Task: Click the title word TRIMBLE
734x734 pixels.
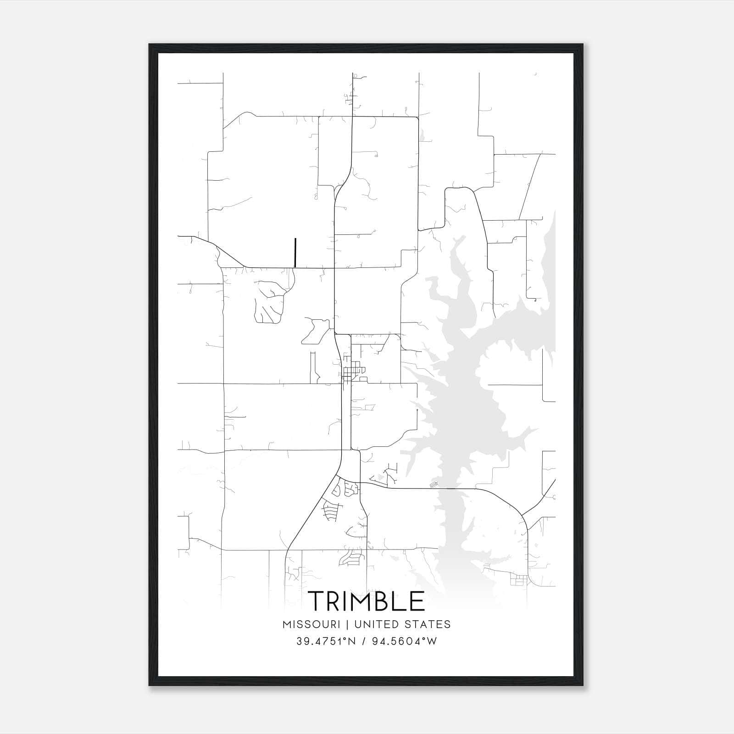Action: [366, 601]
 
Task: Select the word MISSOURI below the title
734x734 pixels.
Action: [311, 624]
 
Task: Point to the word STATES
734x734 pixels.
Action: [429, 624]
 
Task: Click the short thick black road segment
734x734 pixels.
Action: [295, 252]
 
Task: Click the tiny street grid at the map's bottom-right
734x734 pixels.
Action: [518, 581]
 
